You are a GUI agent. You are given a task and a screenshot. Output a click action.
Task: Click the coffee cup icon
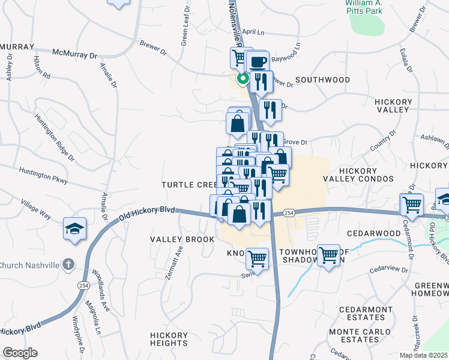pos(258,61)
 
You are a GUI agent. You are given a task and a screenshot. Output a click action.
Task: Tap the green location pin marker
pos(243,79)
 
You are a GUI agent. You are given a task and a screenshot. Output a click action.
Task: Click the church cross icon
pos(69,264)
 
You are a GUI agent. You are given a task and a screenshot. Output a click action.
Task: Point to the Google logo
pos(20,353)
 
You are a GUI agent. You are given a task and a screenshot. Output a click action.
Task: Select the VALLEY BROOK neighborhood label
pos(182,239)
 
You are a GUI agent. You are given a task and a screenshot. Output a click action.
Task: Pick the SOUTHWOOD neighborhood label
pos(322,80)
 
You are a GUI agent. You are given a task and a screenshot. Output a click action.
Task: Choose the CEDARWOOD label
pos(373,233)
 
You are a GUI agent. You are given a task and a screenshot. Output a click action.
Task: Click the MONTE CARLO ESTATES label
pos(354,335)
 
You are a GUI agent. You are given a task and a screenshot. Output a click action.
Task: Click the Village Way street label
pos(37,207)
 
